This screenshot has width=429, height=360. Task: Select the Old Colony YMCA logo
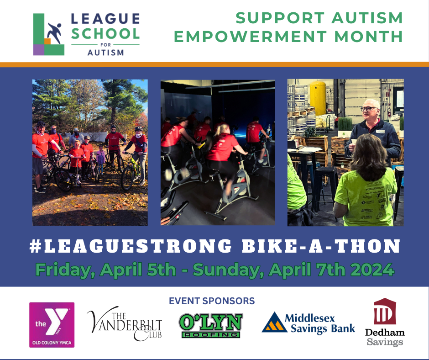coord(52,324)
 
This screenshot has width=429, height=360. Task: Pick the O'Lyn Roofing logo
coord(210,325)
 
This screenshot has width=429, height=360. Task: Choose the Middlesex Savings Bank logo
coord(309,323)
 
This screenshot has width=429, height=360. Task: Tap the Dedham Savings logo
coord(385,322)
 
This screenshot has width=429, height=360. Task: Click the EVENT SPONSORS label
coord(212,301)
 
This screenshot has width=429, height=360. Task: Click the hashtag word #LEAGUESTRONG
coord(130,246)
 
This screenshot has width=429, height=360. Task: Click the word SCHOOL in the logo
coord(105,33)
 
